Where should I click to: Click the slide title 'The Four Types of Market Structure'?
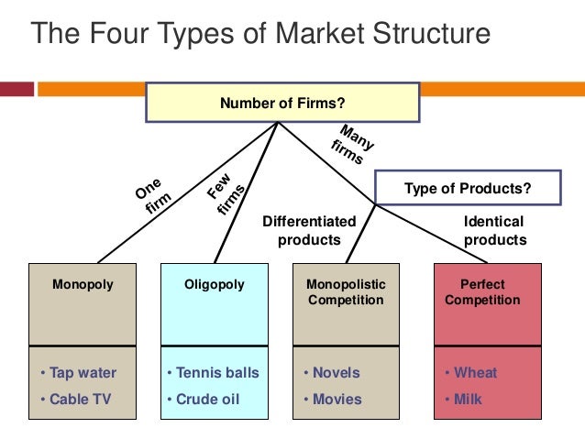[x=261, y=34]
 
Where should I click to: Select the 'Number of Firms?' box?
[x=281, y=104]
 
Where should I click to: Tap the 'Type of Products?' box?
[x=468, y=188]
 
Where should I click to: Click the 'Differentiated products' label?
[x=309, y=231]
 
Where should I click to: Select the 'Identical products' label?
[x=494, y=231]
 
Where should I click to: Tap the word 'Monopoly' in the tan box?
[x=83, y=284]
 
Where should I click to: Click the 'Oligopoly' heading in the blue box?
[x=215, y=284]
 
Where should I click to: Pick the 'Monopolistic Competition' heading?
[x=346, y=292]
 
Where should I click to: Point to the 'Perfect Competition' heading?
[x=482, y=292]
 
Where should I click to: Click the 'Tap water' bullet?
[x=80, y=373]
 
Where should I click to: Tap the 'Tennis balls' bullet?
[x=215, y=373]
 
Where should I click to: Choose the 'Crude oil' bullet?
[x=207, y=400]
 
